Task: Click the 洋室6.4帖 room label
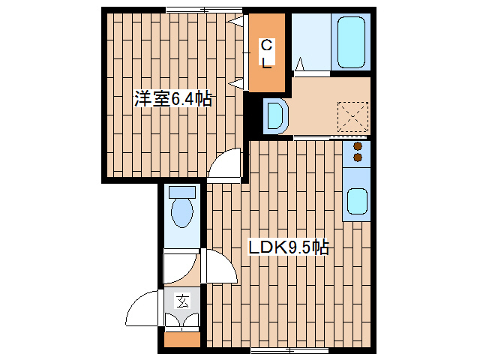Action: [173, 98]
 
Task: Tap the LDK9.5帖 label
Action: [288, 247]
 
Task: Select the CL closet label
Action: [267, 53]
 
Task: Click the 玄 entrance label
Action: [182, 301]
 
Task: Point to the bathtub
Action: [352, 43]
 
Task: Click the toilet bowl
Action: [182, 212]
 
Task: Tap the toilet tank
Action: [182, 192]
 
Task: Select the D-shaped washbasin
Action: [276, 115]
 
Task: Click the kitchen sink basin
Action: [357, 201]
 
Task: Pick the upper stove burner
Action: [358, 146]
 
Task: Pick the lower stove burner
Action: [358, 157]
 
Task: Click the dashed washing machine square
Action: [352, 117]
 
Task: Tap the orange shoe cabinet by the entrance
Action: [182, 340]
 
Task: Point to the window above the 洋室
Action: [205, 10]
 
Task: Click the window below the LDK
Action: [289, 350]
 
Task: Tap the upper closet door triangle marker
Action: [238, 21]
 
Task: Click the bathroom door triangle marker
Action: [300, 64]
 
